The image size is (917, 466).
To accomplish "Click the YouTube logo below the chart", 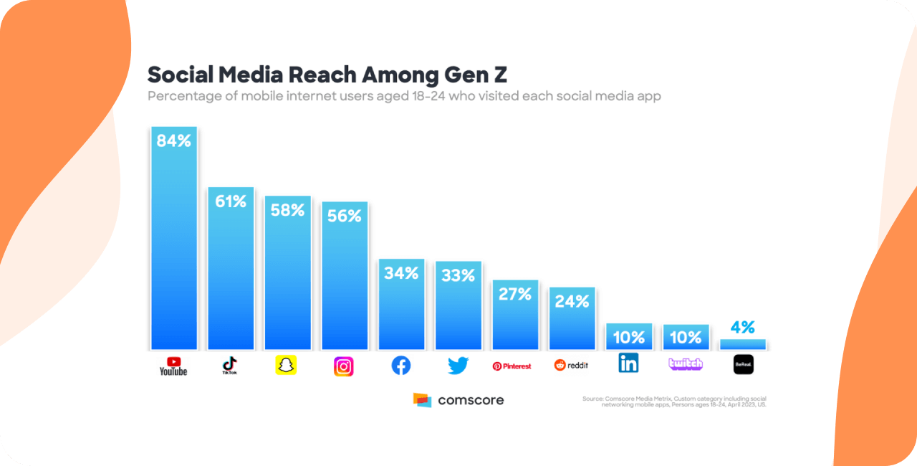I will pyautogui.click(x=173, y=366).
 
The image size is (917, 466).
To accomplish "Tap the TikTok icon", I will pyautogui.click(x=230, y=366).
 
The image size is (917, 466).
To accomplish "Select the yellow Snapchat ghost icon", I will pyautogui.click(x=286, y=365).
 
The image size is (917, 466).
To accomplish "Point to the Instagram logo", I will pyautogui.click(x=344, y=366).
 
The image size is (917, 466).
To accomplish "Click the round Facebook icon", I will pyautogui.click(x=401, y=366).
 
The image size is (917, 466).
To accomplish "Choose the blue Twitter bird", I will pyautogui.click(x=458, y=366).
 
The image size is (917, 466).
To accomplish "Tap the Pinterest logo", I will pyautogui.click(x=512, y=366).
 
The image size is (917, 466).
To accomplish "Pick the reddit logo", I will pyautogui.click(x=571, y=366).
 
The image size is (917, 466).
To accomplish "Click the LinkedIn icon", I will pyautogui.click(x=628, y=363).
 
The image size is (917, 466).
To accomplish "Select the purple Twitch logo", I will pyautogui.click(x=686, y=364).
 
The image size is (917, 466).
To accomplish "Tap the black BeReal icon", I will pyautogui.click(x=744, y=365).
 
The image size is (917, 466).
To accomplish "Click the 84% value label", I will pyautogui.click(x=174, y=141).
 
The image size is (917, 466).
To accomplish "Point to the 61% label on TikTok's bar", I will pyautogui.click(x=231, y=201).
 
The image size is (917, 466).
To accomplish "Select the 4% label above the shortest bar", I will pyautogui.click(x=743, y=328).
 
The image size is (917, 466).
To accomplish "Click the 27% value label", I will pyautogui.click(x=515, y=294).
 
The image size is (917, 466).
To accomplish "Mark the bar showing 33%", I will pyautogui.click(x=458, y=308).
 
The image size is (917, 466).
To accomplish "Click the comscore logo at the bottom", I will pyautogui.click(x=458, y=400).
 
